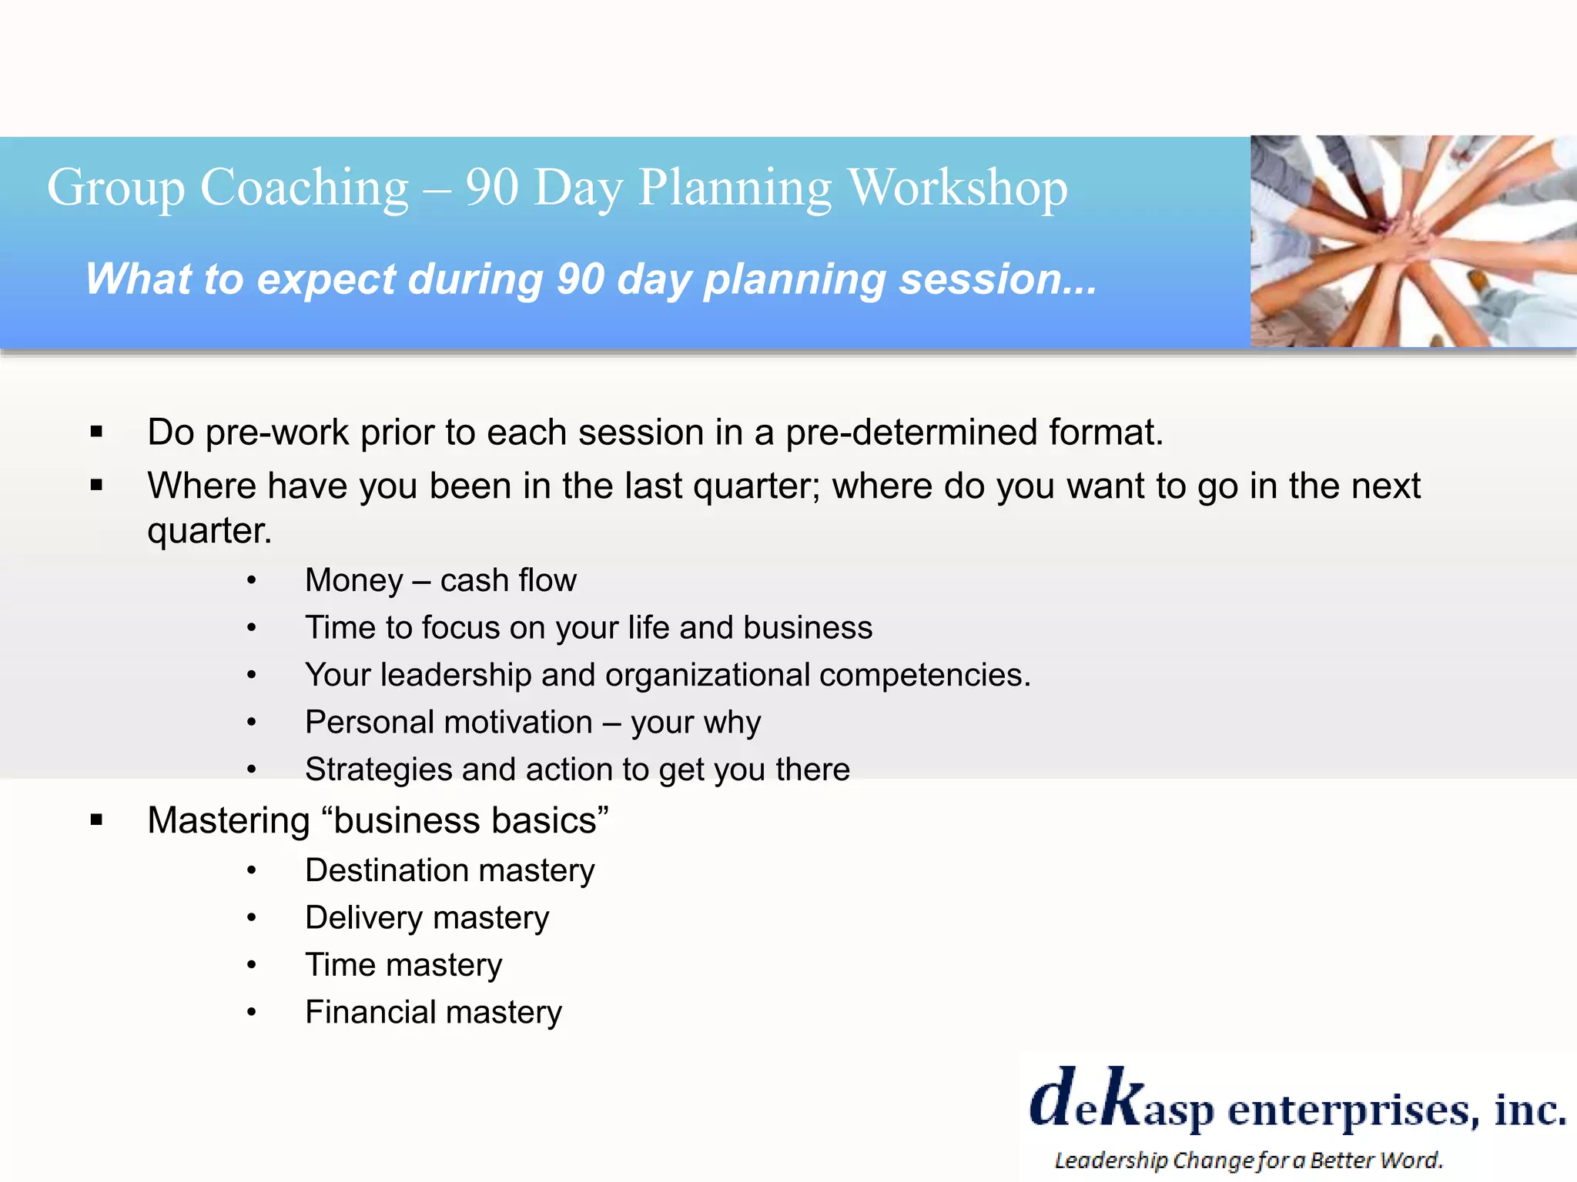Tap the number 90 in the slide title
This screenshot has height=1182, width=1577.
tap(491, 187)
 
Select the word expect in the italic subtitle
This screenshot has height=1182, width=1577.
tap(326, 279)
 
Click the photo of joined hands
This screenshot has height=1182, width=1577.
tap(1413, 241)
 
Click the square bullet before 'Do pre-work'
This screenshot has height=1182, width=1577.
tap(96, 432)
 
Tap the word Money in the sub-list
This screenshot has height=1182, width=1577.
tap(353, 580)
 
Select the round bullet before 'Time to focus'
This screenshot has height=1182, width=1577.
tap(251, 628)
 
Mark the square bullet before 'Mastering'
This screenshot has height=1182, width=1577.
tap(96, 820)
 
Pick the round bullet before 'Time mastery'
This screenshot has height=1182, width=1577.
tap(251, 965)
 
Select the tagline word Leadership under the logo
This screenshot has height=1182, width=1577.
tap(1110, 1160)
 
